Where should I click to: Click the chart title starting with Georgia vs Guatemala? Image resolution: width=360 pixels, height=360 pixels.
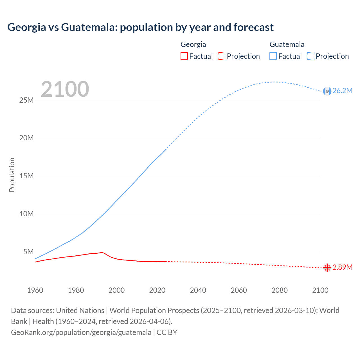pos(140,27)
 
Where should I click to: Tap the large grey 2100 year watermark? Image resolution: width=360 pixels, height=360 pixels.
pos(65,89)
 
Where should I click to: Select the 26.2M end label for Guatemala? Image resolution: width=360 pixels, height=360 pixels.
pos(342,91)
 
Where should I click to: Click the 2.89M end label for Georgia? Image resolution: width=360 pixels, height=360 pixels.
pos(342,267)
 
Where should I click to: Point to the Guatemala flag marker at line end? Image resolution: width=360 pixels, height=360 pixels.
pos(327,91)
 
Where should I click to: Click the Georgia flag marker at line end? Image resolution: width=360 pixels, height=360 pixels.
pos(327,268)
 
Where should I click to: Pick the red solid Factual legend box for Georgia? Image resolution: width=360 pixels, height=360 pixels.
pos(184,56)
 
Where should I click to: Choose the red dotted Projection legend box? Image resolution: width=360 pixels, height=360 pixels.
pos(222,56)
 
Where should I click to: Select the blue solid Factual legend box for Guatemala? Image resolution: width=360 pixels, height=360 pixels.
pos(273,56)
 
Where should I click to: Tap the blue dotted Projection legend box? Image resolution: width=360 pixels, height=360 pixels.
pos(311,56)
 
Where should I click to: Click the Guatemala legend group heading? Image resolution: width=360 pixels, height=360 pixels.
pos(287,44)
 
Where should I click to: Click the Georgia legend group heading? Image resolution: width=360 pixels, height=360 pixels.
pos(193,44)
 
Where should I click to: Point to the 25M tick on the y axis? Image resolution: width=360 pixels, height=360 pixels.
pos(26,100)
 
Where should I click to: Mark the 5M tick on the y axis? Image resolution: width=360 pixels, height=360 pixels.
pos(28,252)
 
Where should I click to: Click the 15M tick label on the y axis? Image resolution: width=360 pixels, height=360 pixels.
pos(26,176)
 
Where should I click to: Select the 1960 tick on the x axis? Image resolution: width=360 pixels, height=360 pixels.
pos(35,290)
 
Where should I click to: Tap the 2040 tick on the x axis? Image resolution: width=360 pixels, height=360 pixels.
pos(198,290)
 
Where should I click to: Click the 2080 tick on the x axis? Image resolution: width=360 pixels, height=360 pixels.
pos(280,290)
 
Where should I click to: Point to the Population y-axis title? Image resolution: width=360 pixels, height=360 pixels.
pos(12,175)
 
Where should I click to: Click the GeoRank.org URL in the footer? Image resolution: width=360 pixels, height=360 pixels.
pos(81,332)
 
